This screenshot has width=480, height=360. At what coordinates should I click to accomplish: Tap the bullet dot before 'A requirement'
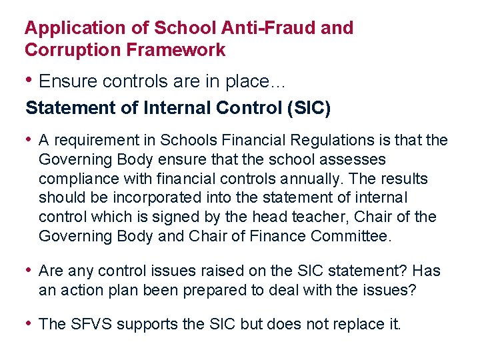point(29,139)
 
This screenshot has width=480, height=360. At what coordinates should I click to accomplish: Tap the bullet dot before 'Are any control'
point(29,270)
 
